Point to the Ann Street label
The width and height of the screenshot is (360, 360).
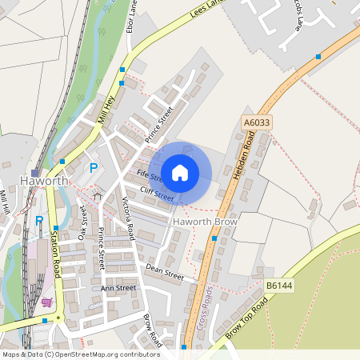coord(118,288)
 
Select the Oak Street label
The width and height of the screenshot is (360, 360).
coord(82,222)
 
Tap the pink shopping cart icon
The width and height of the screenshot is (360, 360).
coord(47,303)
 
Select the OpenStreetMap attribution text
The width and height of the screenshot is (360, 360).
coord(81,354)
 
